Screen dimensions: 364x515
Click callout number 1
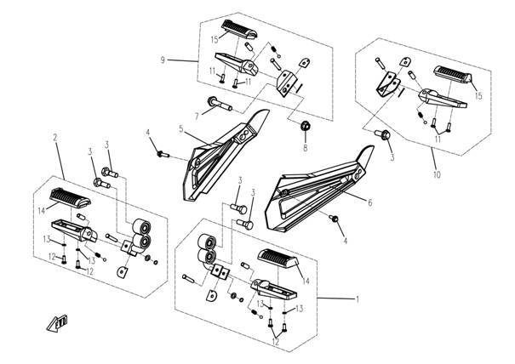point(358,299)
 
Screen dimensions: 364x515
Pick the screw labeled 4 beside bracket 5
point(162,153)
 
